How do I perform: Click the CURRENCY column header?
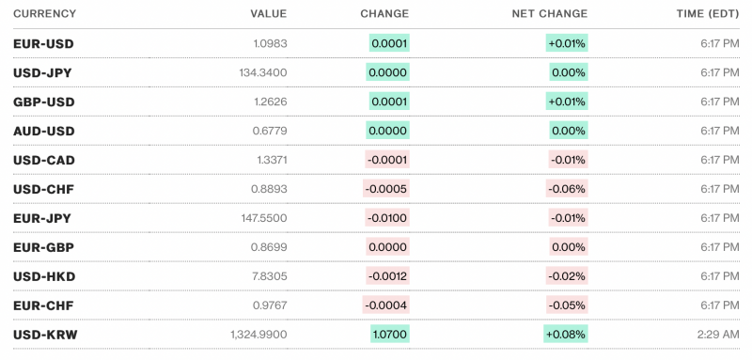click(x=45, y=14)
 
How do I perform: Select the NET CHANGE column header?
click(x=549, y=14)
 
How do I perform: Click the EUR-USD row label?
click(x=44, y=44)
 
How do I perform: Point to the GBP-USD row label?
click(x=44, y=102)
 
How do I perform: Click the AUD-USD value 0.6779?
click(x=271, y=131)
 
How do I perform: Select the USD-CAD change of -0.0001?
click(x=387, y=160)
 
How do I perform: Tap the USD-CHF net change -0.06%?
click(x=567, y=189)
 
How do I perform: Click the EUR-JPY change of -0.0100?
click(x=387, y=218)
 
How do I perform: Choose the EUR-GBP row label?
click(x=44, y=247)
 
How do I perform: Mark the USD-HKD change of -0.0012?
click(x=387, y=276)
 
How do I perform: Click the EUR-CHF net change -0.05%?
click(x=567, y=305)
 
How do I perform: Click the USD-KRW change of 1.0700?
click(x=389, y=335)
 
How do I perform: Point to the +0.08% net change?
click(x=565, y=335)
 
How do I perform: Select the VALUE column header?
click(x=269, y=14)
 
